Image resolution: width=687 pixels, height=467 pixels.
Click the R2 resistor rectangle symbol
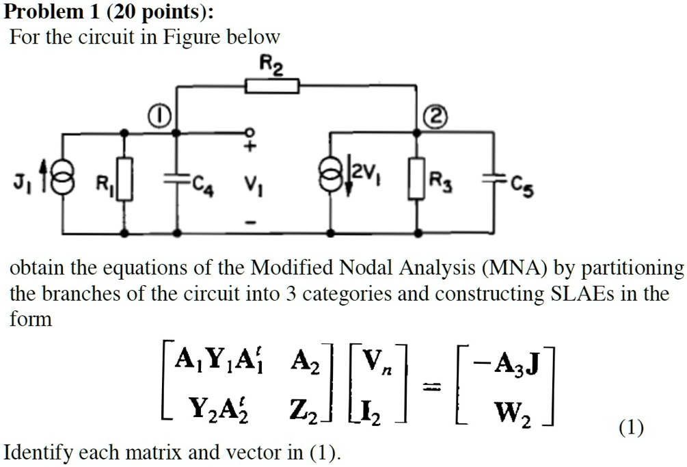(x=272, y=85)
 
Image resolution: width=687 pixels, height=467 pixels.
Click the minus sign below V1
(x=250, y=222)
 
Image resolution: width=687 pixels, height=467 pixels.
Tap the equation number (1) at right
(x=631, y=428)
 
